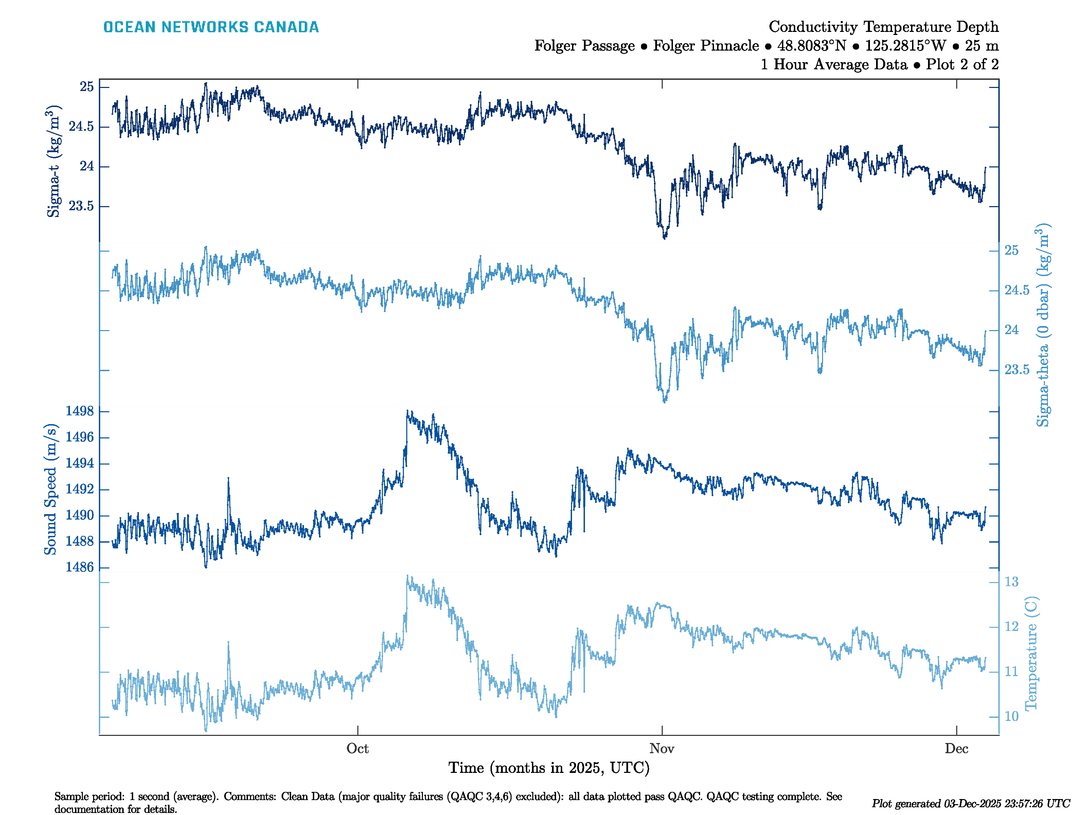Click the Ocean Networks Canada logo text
coord(211,27)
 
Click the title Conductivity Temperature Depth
coord(883,26)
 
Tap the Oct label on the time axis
coord(357,749)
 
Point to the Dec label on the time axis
coord(956,749)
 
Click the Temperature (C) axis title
coord(1031,654)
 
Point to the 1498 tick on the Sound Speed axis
coord(79,411)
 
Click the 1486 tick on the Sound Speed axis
coord(79,567)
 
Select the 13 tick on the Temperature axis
coord(1011,582)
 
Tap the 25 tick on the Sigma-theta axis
coord(1011,251)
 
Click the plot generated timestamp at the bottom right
coord(970,804)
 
